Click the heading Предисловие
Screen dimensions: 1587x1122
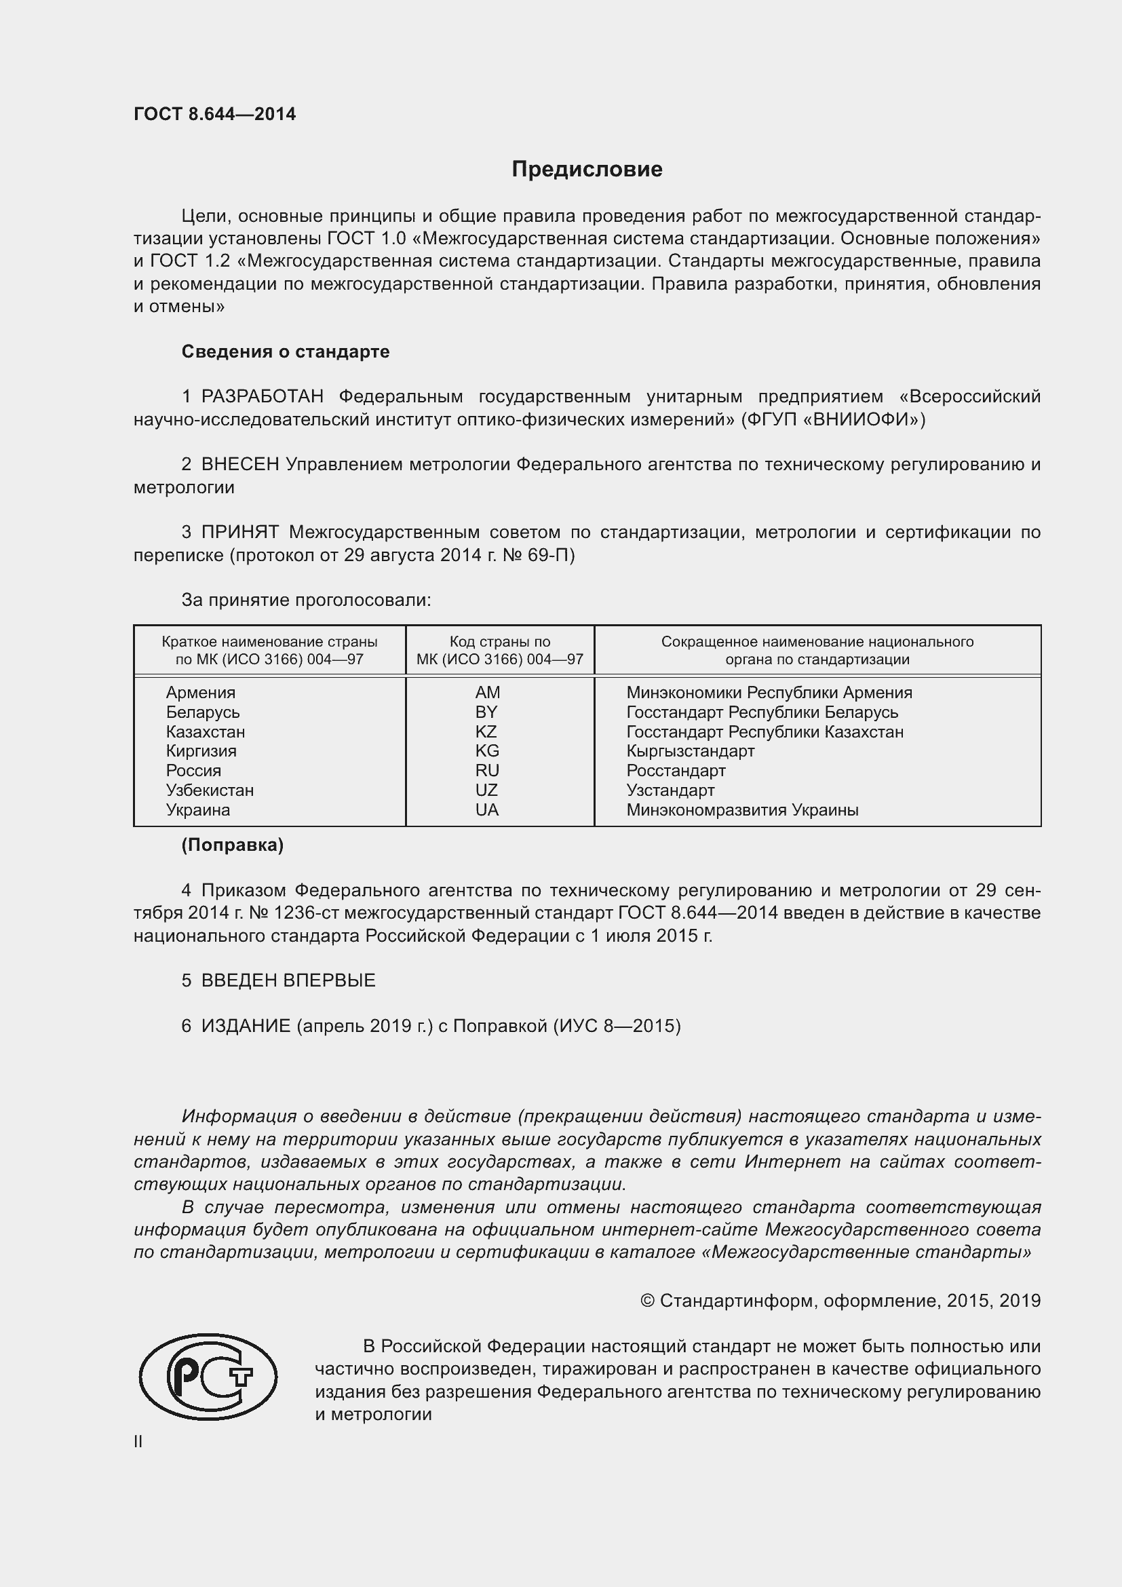pyautogui.click(x=587, y=170)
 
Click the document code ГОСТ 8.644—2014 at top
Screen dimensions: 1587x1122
pyautogui.click(x=215, y=114)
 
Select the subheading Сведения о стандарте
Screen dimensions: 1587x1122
pyautogui.click(x=286, y=352)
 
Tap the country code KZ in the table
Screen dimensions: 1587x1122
pyautogui.click(x=486, y=731)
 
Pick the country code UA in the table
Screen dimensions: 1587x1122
pyautogui.click(x=486, y=809)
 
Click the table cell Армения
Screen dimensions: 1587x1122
pyautogui.click(x=200, y=693)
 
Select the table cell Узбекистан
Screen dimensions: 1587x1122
pyautogui.click(x=210, y=790)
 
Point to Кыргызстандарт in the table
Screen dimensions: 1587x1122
pyautogui.click(x=690, y=750)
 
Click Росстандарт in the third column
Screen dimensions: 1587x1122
pyautogui.click(x=676, y=770)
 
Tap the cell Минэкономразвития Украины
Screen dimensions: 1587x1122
pyautogui.click(x=742, y=809)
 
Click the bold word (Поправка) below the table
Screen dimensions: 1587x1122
pyautogui.click(x=232, y=845)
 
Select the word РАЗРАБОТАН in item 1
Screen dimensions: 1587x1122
pyautogui.click(x=263, y=397)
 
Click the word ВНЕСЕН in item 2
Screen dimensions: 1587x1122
pyautogui.click(x=239, y=465)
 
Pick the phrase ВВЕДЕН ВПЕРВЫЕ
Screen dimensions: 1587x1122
pyautogui.click(x=288, y=980)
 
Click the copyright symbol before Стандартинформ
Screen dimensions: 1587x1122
pyautogui.click(x=647, y=1301)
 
